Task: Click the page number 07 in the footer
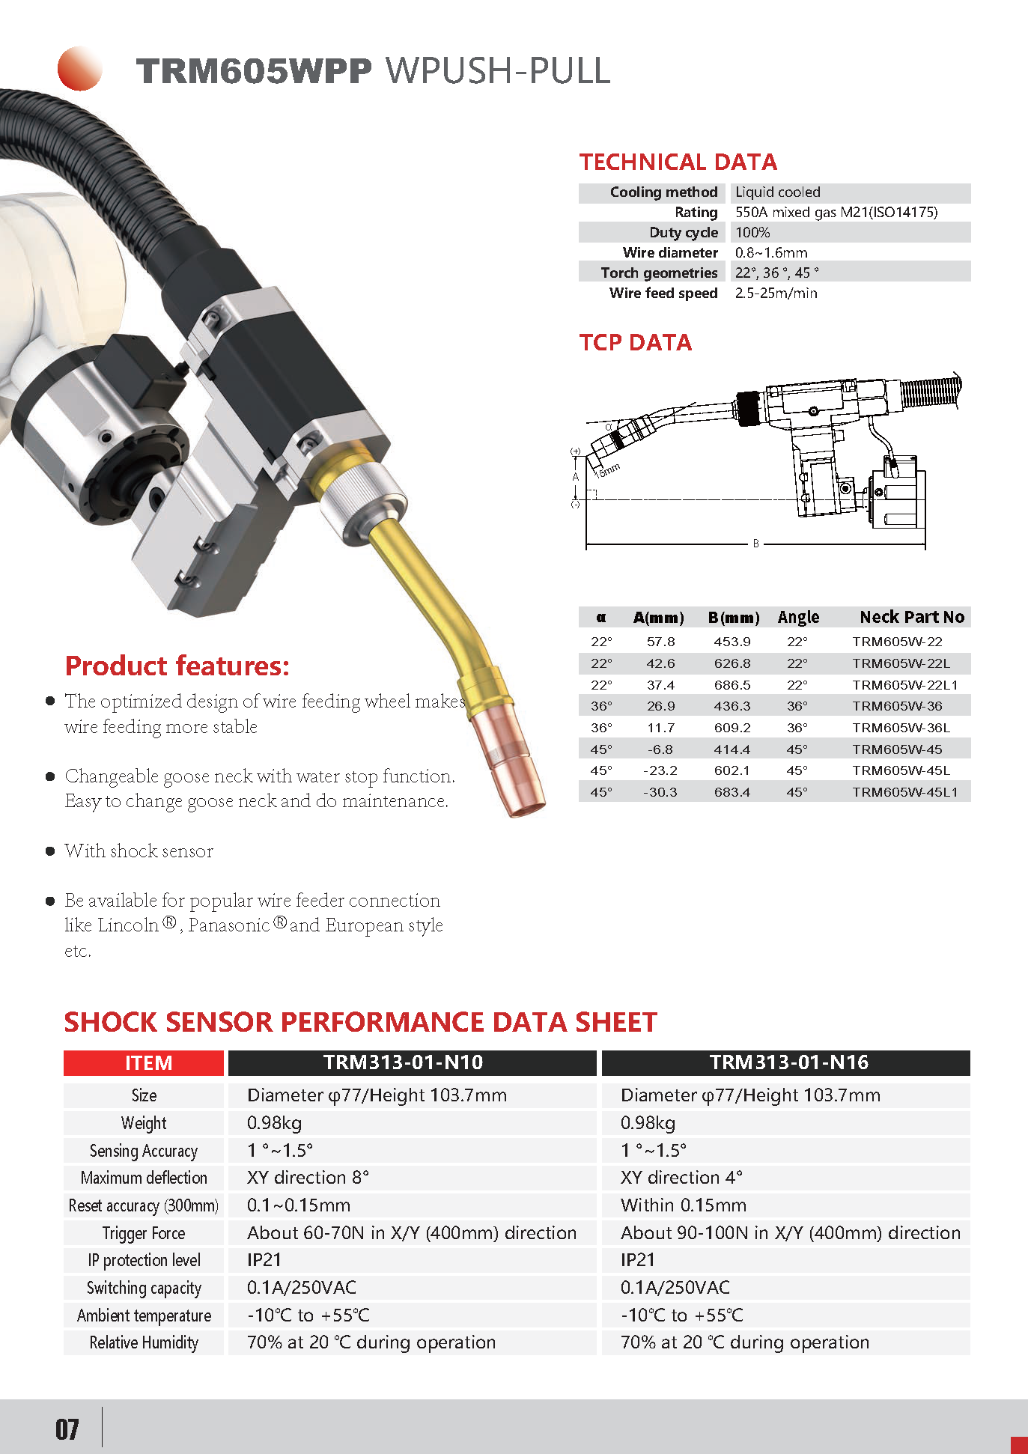(x=67, y=1429)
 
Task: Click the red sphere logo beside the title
(x=79, y=69)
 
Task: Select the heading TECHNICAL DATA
(x=678, y=162)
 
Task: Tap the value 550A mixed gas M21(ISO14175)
(x=836, y=213)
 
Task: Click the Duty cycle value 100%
(x=752, y=233)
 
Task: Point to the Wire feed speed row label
(x=663, y=293)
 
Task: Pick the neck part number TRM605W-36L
(x=901, y=728)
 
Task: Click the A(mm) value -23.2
(x=660, y=770)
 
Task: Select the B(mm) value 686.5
(x=732, y=685)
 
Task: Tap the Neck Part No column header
(x=911, y=617)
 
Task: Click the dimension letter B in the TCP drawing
(x=756, y=544)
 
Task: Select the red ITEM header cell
(x=144, y=1062)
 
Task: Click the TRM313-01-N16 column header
(x=788, y=1062)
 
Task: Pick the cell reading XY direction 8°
(x=308, y=1178)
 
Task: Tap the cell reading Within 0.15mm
(x=683, y=1205)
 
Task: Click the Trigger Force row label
(x=144, y=1233)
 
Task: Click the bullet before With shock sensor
(x=50, y=851)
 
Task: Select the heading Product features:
(x=177, y=666)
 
